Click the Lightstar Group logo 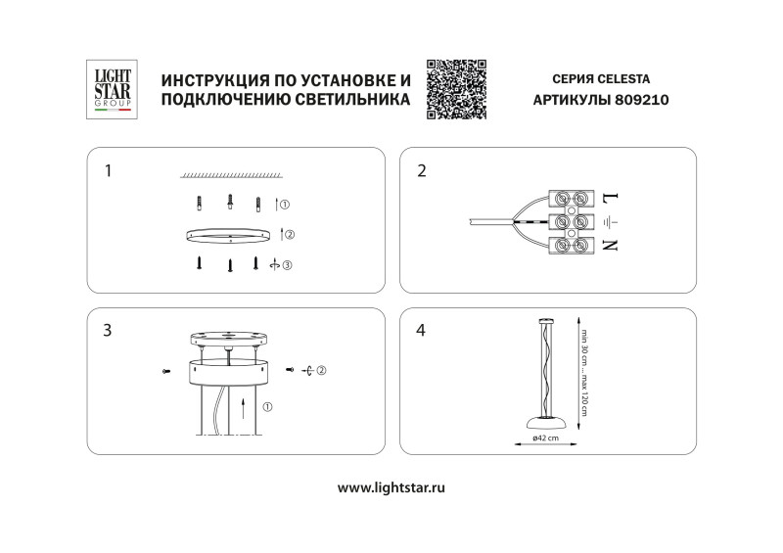[x=111, y=90]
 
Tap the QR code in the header [x=457, y=89]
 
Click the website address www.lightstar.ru [x=391, y=486]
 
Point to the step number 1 [x=109, y=171]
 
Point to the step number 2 [x=422, y=171]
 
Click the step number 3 [x=108, y=331]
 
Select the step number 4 [x=422, y=331]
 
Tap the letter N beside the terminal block [x=610, y=245]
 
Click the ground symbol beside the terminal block [x=610, y=222]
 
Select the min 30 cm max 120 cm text [x=584, y=372]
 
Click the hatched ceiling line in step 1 [x=231, y=174]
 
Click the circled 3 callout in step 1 [x=287, y=263]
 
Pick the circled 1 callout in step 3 [x=267, y=406]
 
